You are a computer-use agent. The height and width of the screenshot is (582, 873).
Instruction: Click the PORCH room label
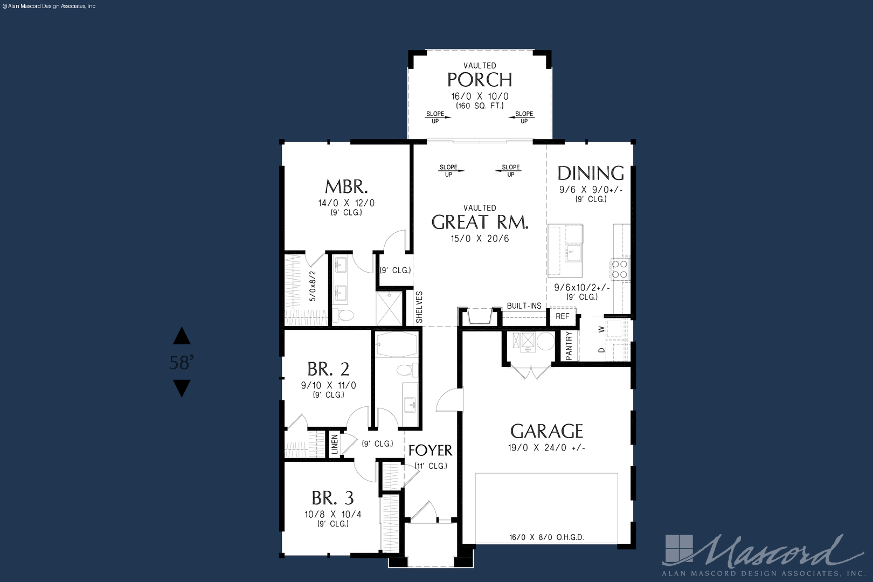point(480,80)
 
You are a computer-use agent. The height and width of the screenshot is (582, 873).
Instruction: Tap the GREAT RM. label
point(480,222)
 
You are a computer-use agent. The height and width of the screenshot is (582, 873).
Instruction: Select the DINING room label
point(591,174)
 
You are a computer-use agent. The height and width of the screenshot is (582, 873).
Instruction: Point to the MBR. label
point(346,187)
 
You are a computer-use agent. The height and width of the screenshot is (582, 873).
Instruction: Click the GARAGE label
point(546,432)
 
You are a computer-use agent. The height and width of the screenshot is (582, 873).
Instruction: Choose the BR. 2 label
point(328,369)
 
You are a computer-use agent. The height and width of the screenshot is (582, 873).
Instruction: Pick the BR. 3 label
point(332,498)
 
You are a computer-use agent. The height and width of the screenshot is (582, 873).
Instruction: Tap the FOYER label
point(430,451)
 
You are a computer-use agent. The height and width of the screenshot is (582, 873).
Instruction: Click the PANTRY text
point(569,346)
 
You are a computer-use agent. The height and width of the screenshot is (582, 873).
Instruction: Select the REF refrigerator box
point(563,316)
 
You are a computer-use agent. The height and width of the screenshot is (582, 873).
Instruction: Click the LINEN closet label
point(335,445)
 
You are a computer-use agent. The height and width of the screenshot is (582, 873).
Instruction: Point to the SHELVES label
point(419,307)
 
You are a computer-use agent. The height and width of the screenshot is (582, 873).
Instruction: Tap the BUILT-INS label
point(524,306)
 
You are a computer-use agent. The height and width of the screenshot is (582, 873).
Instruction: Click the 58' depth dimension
point(182,363)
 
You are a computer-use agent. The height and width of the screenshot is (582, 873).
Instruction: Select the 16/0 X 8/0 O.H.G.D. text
point(546,538)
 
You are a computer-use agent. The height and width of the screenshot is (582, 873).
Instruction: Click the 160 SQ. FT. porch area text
point(480,106)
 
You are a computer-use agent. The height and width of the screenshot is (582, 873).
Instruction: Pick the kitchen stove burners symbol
point(620,269)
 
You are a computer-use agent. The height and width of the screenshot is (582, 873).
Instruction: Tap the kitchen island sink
point(573,253)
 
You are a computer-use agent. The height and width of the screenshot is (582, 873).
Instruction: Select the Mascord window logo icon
point(679,549)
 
